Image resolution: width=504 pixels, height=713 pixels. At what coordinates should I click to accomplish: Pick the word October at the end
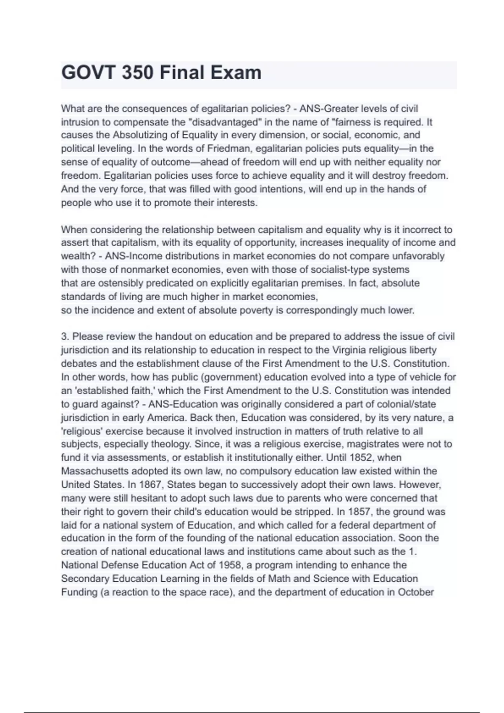(417, 592)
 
